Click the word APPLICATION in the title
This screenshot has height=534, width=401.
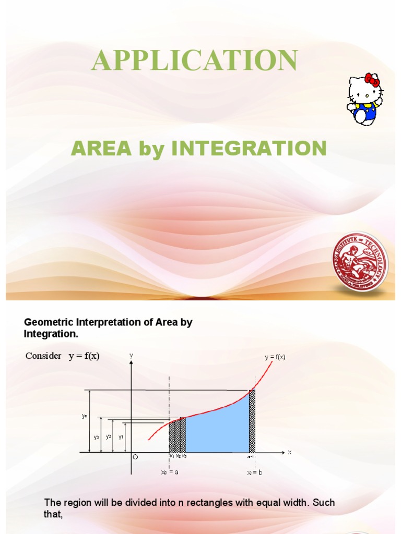click(x=194, y=60)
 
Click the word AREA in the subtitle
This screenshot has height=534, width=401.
click(x=101, y=149)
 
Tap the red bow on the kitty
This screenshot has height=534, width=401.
click(x=372, y=79)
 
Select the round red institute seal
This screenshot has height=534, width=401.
click(x=361, y=262)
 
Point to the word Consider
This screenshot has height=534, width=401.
click(x=43, y=356)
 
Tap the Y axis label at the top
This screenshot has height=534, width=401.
click(x=132, y=356)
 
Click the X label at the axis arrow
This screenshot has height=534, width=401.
click(x=289, y=453)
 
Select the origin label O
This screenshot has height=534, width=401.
click(x=135, y=457)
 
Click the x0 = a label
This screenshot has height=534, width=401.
click(x=170, y=472)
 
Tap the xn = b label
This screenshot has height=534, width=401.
click(x=254, y=472)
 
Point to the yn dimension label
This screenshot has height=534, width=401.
click(x=85, y=416)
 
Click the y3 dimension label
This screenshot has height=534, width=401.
click(x=97, y=437)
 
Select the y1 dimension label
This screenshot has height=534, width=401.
click(x=121, y=437)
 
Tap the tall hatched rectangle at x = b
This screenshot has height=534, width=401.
click(x=252, y=422)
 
